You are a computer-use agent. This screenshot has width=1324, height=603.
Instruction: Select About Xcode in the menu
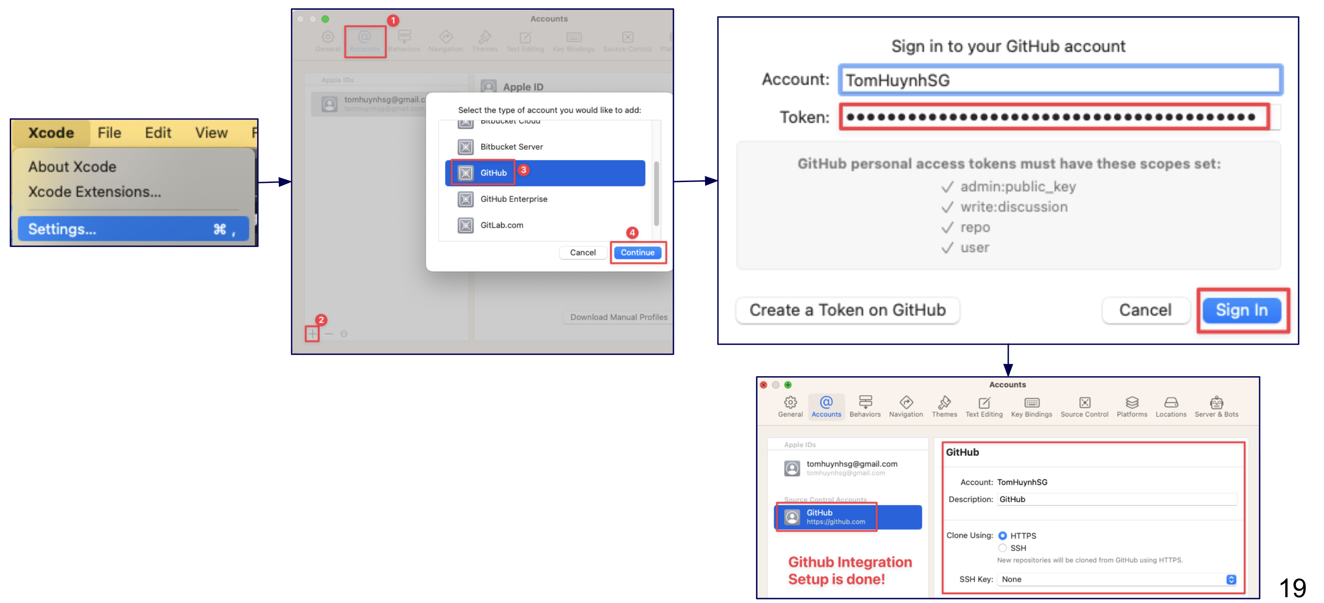pos(72,167)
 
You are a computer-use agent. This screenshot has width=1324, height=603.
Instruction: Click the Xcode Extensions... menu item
pos(95,192)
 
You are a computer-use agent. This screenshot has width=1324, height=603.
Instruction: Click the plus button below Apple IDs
pos(312,333)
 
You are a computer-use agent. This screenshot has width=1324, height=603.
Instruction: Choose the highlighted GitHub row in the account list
pos(545,173)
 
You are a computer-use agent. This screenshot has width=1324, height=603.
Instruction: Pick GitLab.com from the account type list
pos(501,225)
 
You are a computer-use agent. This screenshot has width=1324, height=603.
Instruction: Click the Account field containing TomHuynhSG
pos(1060,80)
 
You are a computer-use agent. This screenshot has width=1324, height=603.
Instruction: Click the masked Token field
pos(1054,117)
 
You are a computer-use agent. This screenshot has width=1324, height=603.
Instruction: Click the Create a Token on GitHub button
pos(848,310)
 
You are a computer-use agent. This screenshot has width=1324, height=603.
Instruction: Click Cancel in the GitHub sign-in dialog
pos(1145,310)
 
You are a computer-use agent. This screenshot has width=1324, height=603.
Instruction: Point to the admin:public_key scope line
pos(1018,186)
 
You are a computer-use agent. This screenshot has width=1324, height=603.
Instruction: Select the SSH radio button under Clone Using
pos(1002,548)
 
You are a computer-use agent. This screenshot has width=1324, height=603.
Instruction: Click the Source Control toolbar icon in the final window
pos(1085,406)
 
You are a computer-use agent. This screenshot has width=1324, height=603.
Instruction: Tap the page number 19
pos(1292,587)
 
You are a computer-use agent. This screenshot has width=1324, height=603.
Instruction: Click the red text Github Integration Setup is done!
pos(850,570)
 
